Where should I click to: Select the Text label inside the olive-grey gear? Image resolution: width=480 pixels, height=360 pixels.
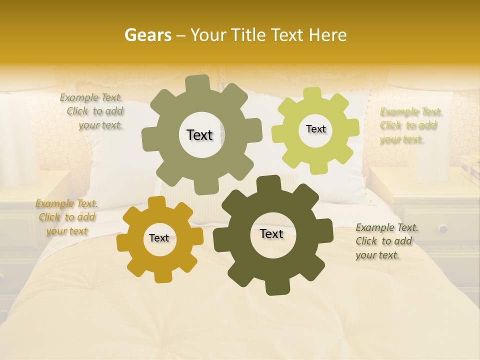click(199, 135)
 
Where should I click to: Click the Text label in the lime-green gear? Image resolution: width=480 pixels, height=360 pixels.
click(315, 129)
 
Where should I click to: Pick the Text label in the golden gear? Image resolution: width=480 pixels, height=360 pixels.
click(159, 238)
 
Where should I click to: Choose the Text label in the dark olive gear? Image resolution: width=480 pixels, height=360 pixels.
click(271, 234)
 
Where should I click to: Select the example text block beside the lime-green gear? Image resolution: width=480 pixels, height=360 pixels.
click(411, 125)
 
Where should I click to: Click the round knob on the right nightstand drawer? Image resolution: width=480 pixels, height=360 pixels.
click(443, 228)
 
